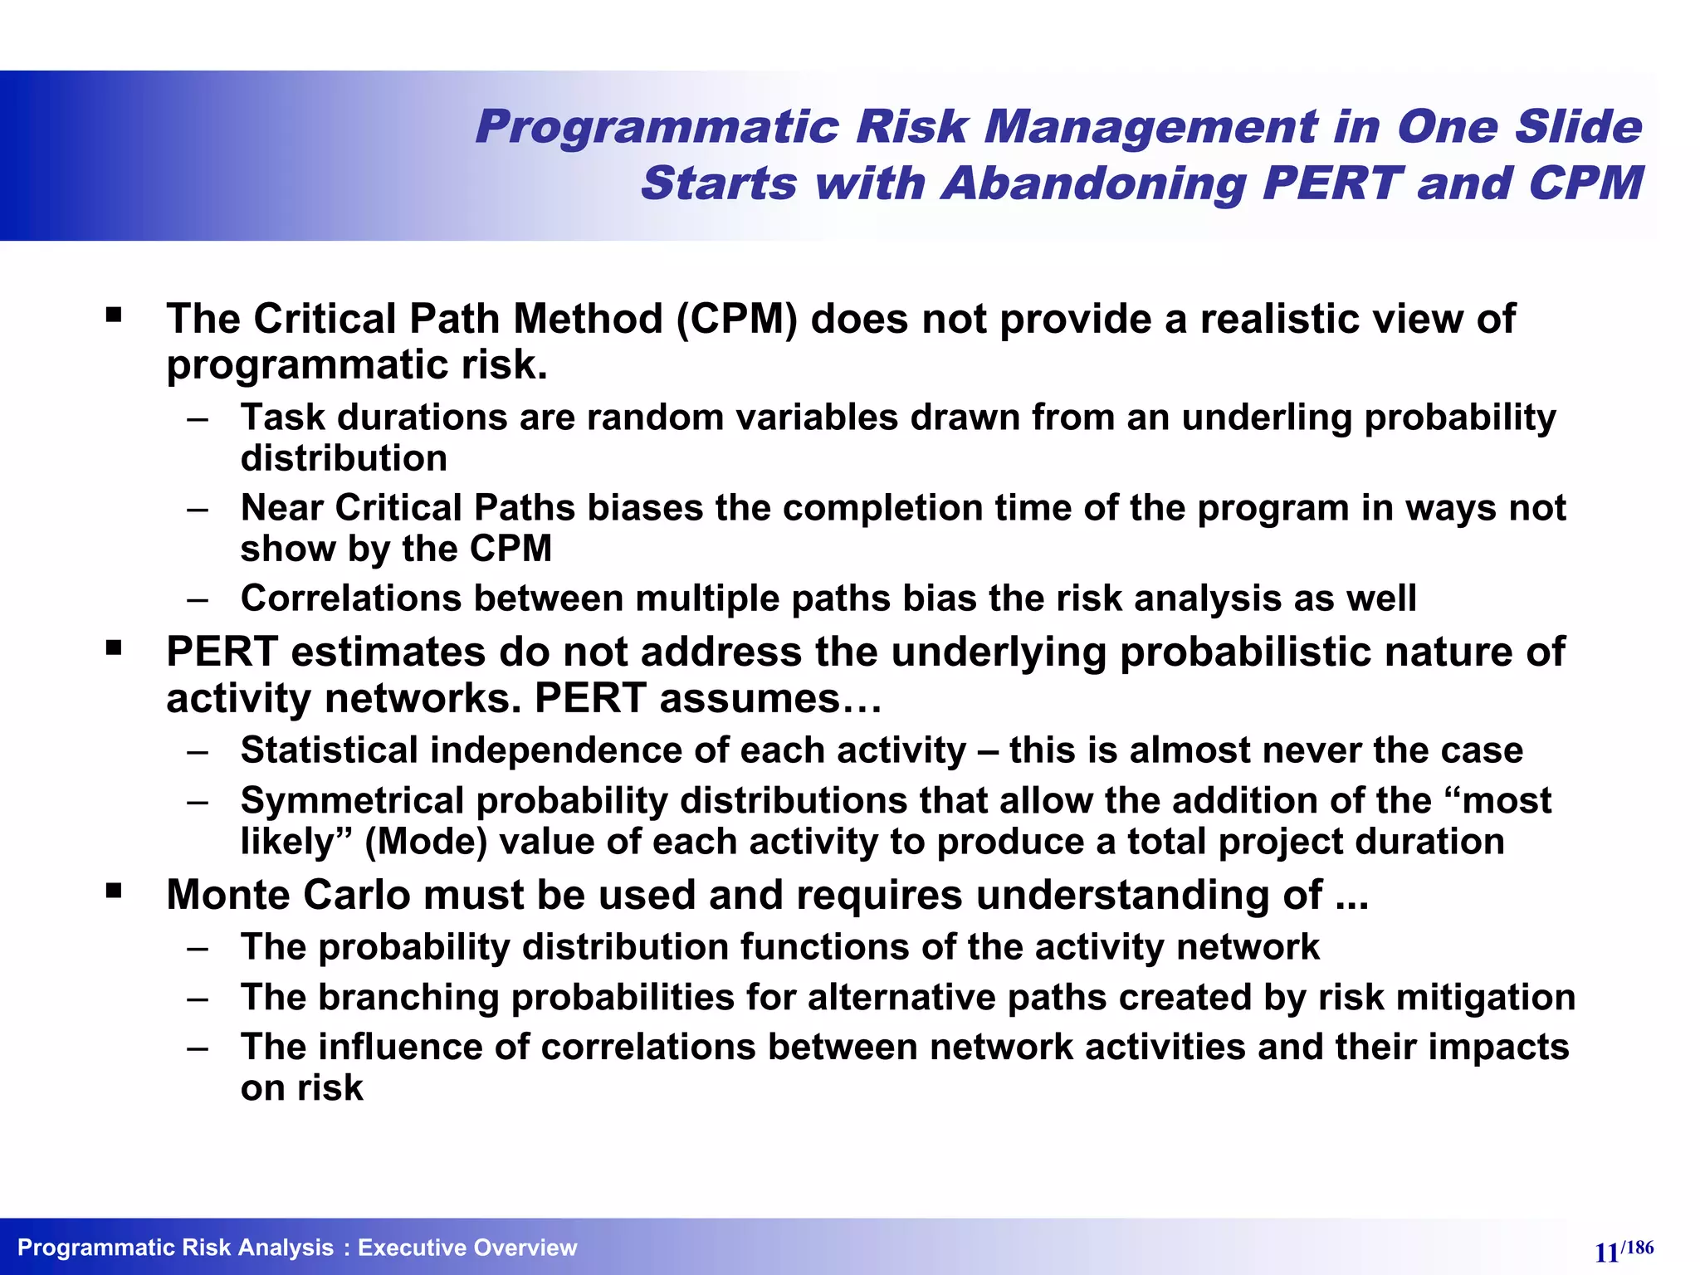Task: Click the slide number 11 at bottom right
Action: [1606, 1253]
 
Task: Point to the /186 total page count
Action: [1638, 1247]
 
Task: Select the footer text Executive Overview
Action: [467, 1248]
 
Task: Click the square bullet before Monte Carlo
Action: [114, 892]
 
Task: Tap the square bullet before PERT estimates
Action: [114, 648]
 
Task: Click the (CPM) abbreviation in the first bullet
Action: [737, 320]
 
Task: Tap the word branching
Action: [408, 998]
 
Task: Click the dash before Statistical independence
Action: [198, 752]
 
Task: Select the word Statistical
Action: [329, 750]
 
